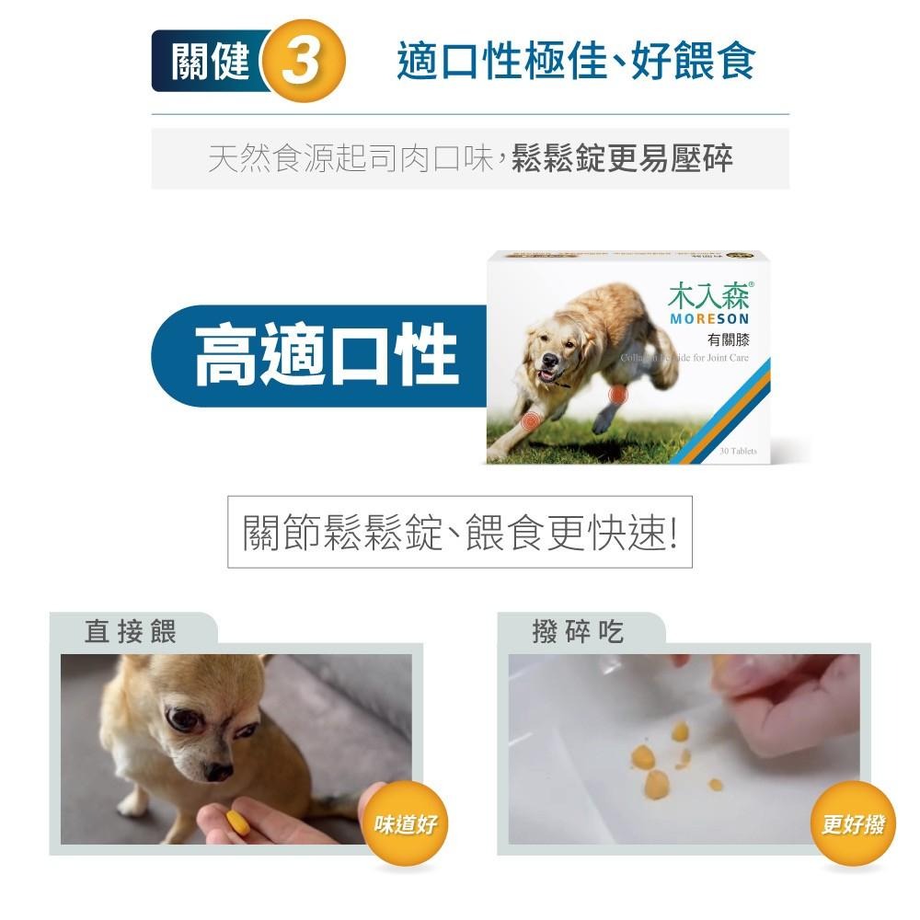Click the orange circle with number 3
tap(304, 63)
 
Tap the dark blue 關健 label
tap(210, 62)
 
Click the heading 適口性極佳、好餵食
tap(576, 62)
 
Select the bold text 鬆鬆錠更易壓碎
tap(622, 158)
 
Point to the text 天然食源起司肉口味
tap(351, 158)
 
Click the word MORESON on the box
tap(709, 318)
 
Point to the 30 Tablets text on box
tap(738, 452)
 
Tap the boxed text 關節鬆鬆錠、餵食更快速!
tap(460, 534)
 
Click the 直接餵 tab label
tap(130, 631)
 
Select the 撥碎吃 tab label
tap(578, 631)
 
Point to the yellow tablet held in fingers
tap(237, 821)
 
